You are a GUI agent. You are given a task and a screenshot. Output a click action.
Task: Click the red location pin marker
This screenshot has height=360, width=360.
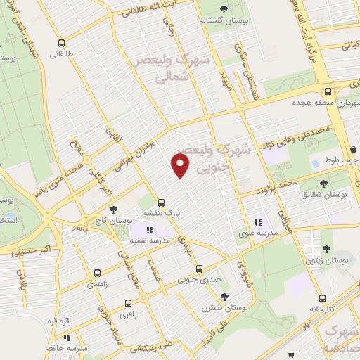pos(181,165)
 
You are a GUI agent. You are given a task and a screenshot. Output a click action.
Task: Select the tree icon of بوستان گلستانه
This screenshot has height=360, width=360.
pos(224,9)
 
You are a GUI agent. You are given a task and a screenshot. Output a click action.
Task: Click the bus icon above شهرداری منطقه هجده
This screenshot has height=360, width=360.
pos(328,91)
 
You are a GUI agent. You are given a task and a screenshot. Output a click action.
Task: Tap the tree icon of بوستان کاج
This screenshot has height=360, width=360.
pos(113,210)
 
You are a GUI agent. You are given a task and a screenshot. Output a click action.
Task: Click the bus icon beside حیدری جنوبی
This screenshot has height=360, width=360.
pos(199,268)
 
